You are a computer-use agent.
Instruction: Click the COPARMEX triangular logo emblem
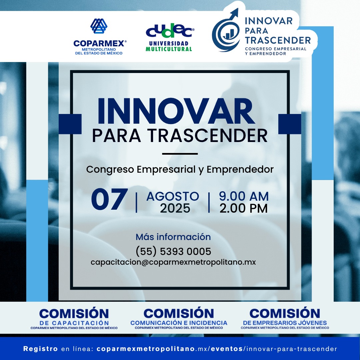[99, 26]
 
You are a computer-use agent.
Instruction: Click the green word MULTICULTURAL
[169, 49]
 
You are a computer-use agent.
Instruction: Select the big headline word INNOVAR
[176, 111]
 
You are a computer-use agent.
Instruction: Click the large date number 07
[109, 199]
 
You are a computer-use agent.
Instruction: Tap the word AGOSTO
[173, 196]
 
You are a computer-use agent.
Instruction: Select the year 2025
[175, 208]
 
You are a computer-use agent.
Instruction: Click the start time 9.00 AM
[244, 196]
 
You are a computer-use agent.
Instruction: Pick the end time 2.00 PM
[244, 208]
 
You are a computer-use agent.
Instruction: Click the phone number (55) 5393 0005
[173, 251]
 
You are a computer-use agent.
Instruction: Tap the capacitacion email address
[173, 262]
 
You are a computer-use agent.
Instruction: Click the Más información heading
[173, 237]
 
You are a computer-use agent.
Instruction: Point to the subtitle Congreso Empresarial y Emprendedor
[180, 170]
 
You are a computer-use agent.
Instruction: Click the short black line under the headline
[180, 154]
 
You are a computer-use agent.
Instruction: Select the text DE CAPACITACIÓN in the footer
[74, 323]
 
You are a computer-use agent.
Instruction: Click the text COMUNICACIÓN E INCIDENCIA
[179, 323]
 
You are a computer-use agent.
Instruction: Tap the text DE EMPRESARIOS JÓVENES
[285, 323]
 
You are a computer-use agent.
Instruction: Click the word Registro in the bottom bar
[40, 349]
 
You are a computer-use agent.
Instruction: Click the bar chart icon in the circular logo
[228, 34]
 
